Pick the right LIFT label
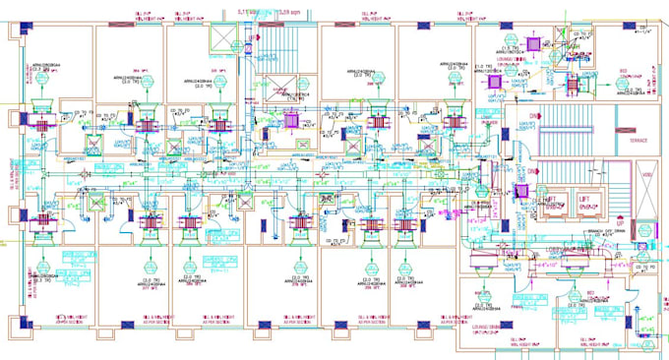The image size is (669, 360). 590,200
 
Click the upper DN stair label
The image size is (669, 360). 534,116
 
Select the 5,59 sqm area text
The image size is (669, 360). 286,10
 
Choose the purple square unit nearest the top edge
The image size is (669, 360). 537,45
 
